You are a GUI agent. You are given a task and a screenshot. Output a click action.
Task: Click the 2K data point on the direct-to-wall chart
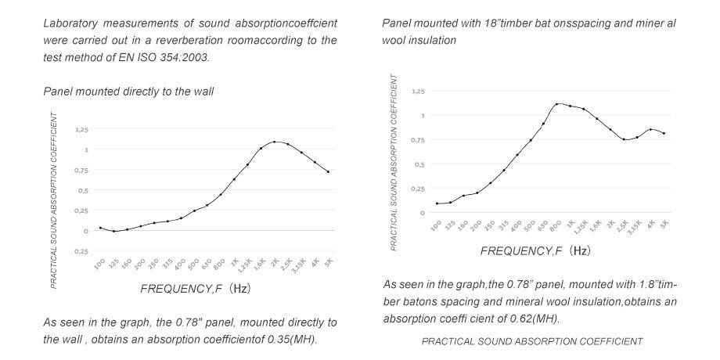coord(275,142)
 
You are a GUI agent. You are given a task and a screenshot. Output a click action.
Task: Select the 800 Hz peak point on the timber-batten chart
coord(556,103)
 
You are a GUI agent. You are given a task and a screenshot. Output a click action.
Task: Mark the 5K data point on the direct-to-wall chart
coord(329,172)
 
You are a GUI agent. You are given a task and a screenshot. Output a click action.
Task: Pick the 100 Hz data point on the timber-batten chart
coord(437,203)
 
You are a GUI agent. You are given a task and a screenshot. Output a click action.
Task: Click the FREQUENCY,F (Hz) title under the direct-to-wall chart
coord(196,288)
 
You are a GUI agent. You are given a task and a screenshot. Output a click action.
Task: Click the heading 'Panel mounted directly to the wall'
coord(128,92)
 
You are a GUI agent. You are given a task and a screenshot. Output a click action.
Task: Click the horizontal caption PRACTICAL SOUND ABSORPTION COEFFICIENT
coord(532,341)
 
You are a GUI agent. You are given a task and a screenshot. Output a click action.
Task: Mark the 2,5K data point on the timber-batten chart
coord(624,139)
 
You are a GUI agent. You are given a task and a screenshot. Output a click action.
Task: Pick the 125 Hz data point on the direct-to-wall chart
coord(113,232)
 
